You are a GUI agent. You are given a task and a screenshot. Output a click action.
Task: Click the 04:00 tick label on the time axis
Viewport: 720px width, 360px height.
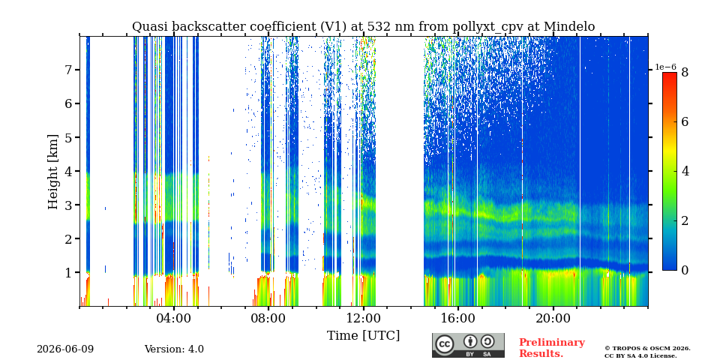point(173,318)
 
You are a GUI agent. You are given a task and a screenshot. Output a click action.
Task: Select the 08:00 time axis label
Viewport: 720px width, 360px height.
point(268,318)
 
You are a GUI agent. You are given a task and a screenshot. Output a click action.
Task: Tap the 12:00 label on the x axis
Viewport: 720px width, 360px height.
point(363,318)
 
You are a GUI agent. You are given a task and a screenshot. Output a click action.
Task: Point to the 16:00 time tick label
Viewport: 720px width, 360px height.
point(457,318)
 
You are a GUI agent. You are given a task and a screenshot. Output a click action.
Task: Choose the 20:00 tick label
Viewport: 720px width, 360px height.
point(553,318)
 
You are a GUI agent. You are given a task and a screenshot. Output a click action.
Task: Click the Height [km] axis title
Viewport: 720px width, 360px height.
point(53,172)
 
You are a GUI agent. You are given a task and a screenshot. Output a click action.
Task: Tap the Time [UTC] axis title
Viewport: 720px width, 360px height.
point(363,336)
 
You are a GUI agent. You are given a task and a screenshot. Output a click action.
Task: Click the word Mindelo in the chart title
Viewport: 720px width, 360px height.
point(569,27)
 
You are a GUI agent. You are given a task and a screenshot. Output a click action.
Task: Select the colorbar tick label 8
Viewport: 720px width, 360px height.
point(685,73)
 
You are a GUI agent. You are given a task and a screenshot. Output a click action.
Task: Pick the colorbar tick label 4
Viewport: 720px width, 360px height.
point(685,172)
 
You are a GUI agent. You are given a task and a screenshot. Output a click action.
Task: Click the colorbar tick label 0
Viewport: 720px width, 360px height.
point(685,271)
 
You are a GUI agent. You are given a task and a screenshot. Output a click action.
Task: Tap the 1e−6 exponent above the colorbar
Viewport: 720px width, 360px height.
point(665,67)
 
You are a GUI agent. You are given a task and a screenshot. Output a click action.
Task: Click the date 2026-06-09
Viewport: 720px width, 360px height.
point(65,349)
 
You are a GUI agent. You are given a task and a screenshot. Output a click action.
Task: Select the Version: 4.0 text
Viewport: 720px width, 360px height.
point(174,349)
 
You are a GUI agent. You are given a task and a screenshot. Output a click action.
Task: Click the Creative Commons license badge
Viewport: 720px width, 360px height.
point(468,345)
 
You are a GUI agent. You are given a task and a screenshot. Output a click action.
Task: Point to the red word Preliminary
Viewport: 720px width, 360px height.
point(552,343)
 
